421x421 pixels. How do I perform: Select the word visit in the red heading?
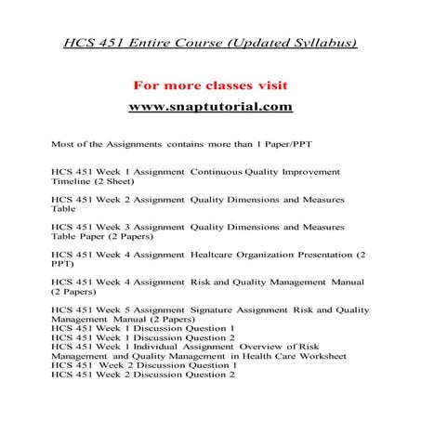click(263, 86)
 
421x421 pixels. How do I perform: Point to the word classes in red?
click(216, 86)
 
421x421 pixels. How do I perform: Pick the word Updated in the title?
click(234, 44)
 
